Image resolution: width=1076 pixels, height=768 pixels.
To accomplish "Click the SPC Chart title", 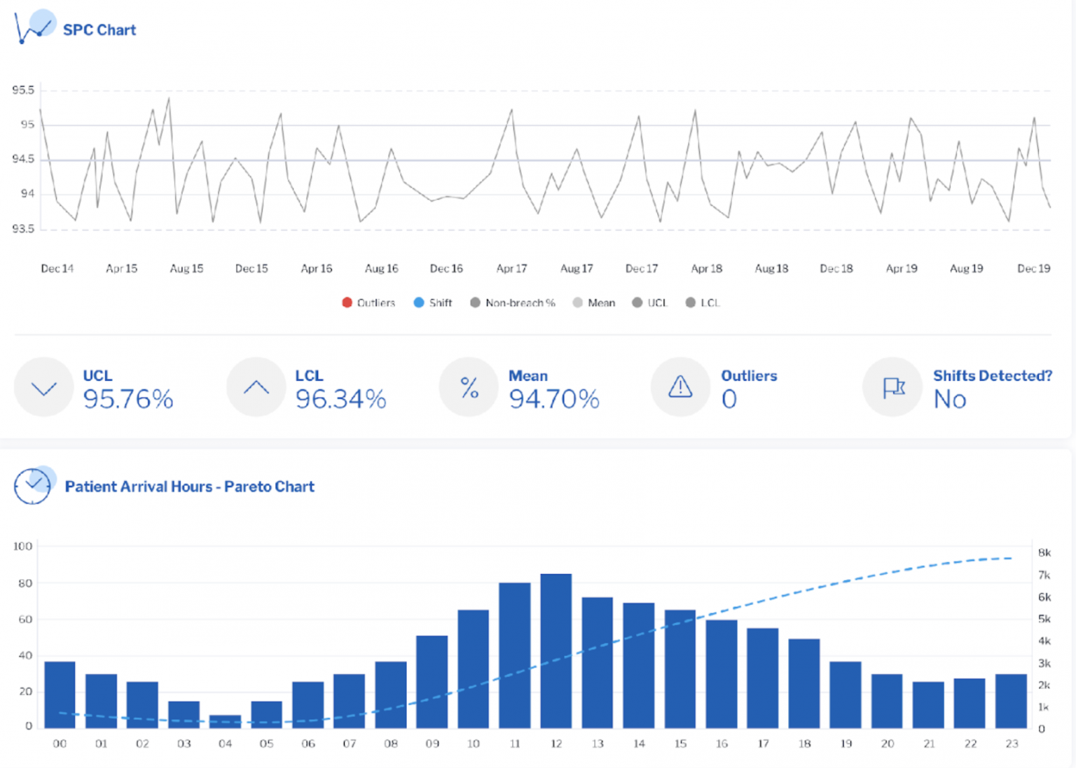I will point(99,30).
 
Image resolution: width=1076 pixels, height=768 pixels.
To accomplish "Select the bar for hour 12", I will point(556,650).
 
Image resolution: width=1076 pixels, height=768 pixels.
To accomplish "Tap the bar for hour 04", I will point(225,721).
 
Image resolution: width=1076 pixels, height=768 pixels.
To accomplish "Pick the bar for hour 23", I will point(1011,701).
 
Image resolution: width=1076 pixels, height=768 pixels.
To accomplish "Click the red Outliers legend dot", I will point(347,302).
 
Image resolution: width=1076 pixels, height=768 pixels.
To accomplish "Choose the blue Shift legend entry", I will point(433,302).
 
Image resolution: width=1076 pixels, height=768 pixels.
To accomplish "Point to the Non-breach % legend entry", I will point(513,302).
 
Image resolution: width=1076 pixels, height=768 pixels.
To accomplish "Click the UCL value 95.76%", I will point(128,399).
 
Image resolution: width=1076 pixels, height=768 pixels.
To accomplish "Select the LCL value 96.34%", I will point(340,399).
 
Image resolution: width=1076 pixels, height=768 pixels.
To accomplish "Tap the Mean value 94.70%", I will point(554,399).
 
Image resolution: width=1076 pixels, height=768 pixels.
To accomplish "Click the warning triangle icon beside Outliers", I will point(680,386).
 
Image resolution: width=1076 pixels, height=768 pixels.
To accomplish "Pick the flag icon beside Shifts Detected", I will point(893,387).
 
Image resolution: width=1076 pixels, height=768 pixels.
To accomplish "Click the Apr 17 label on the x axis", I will point(511,268).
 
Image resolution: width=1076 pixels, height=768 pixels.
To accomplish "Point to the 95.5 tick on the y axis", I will point(23,90).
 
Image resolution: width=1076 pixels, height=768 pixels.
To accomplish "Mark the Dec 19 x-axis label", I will point(1033,268).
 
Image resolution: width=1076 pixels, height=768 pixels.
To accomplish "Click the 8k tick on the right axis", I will point(1044,552).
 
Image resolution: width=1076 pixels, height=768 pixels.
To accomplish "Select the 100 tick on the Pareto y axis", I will point(23,546).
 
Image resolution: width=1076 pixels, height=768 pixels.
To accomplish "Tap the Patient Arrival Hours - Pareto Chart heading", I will point(189,487).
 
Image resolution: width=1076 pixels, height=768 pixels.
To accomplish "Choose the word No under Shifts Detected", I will point(950,399).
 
